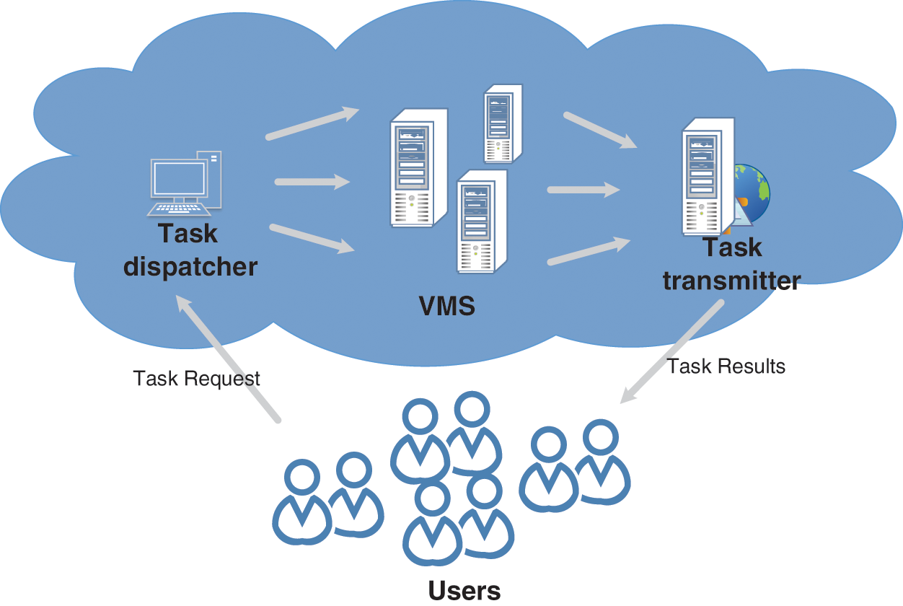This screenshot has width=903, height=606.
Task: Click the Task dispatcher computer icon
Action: pyautogui.click(x=185, y=184)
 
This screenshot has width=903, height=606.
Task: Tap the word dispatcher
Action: pyautogui.click(x=190, y=266)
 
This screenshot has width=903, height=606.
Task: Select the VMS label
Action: pyautogui.click(x=447, y=307)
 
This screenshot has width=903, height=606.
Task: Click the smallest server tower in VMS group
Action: pyautogui.click(x=503, y=123)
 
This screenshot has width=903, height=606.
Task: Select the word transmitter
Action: pyautogui.click(x=731, y=281)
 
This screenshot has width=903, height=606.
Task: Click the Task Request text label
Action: pyautogui.click(x=196, y=379)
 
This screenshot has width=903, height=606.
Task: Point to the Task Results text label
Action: pyautogui.click(x=726, y=366)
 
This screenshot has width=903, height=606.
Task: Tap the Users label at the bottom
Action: pyautogui.click(x=464, y=590)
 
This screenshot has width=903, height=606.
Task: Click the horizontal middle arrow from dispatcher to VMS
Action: pyautogui.click(x=312, y=183)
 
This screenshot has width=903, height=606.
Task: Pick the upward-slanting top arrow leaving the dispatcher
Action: pyautogui.click(x=312, y=123)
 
